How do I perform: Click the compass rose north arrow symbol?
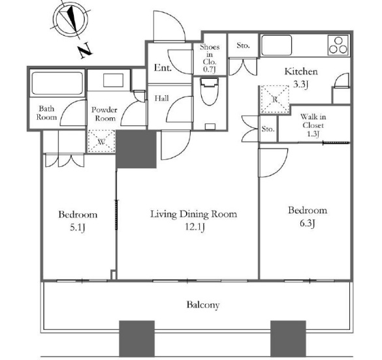[71, 18]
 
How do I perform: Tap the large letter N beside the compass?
[85, 51]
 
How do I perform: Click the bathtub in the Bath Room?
[57, 83]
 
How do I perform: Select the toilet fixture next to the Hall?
[209, 91]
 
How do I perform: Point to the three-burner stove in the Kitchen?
[338, 46]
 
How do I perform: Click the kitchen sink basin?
[276, 46]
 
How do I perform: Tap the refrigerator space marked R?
[275, 99]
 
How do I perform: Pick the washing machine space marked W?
[101, 142]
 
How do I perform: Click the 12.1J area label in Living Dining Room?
[195, 227]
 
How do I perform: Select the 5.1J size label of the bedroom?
[77, 228]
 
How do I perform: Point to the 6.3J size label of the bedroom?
[308, 223]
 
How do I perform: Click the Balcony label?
[203, 305]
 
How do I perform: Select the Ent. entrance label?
[163, 67]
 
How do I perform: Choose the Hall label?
[162, 98]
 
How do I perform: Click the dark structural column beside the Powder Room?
[136, 149]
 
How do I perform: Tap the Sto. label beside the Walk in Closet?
[268, 129]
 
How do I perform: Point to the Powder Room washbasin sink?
[113, 80]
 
